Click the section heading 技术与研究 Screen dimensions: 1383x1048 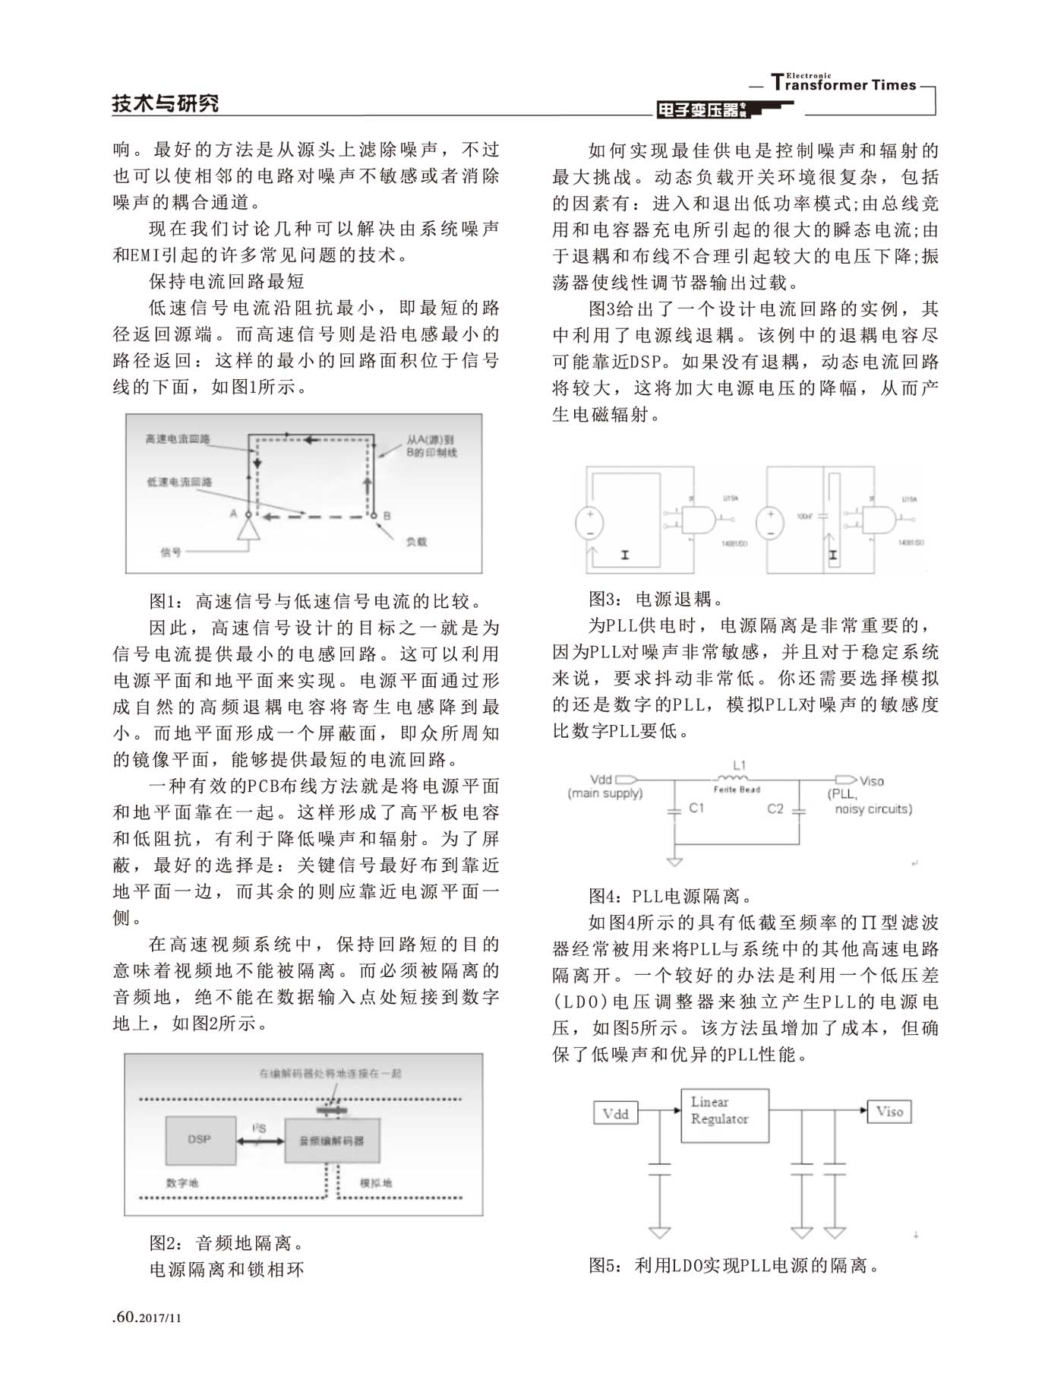point(166,103)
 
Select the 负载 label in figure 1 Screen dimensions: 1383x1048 point(416,542)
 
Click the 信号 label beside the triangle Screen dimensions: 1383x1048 point(171,552)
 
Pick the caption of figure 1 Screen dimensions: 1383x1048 point(315,602)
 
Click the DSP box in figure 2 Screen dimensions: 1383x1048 point(200,1140)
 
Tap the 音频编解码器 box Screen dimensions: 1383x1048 point(331,1141)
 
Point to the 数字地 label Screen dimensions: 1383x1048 point(182,1183)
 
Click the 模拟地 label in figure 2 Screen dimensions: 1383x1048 point(376,1183)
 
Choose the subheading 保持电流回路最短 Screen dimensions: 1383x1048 point(226,281)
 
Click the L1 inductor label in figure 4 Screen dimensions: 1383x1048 point(739,765)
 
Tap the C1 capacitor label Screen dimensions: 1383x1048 point(696,809)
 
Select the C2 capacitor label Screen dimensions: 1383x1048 point(775,809)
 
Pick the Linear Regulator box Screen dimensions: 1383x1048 point(724,1116)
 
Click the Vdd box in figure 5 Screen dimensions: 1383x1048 point(615,1114)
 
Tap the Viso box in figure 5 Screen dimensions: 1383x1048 point(889,1112)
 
